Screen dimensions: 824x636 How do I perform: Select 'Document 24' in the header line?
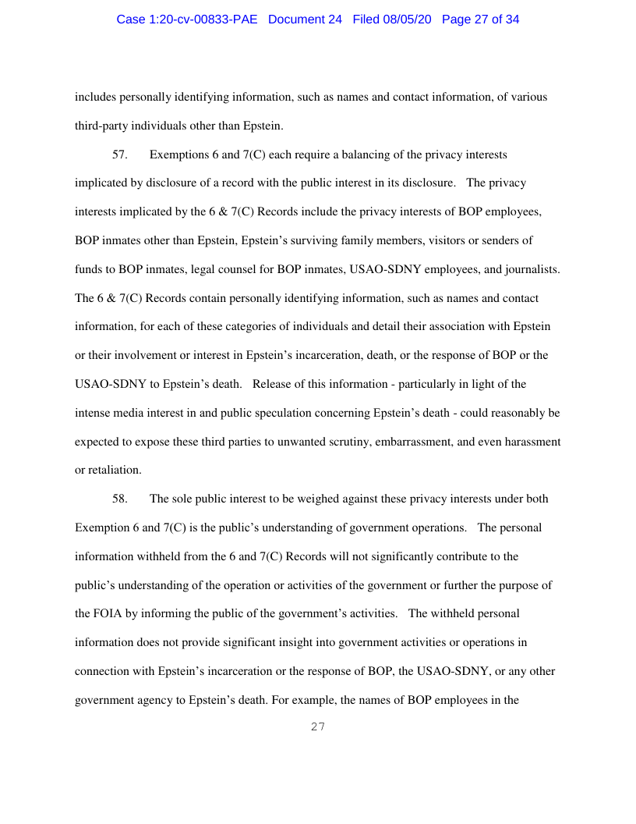[x=305, y=20]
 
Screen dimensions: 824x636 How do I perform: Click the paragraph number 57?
[x=120, y=154]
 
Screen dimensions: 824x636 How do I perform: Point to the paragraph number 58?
[x=120, y=499]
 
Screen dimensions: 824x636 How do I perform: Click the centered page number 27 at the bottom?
[x=317, y=727]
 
